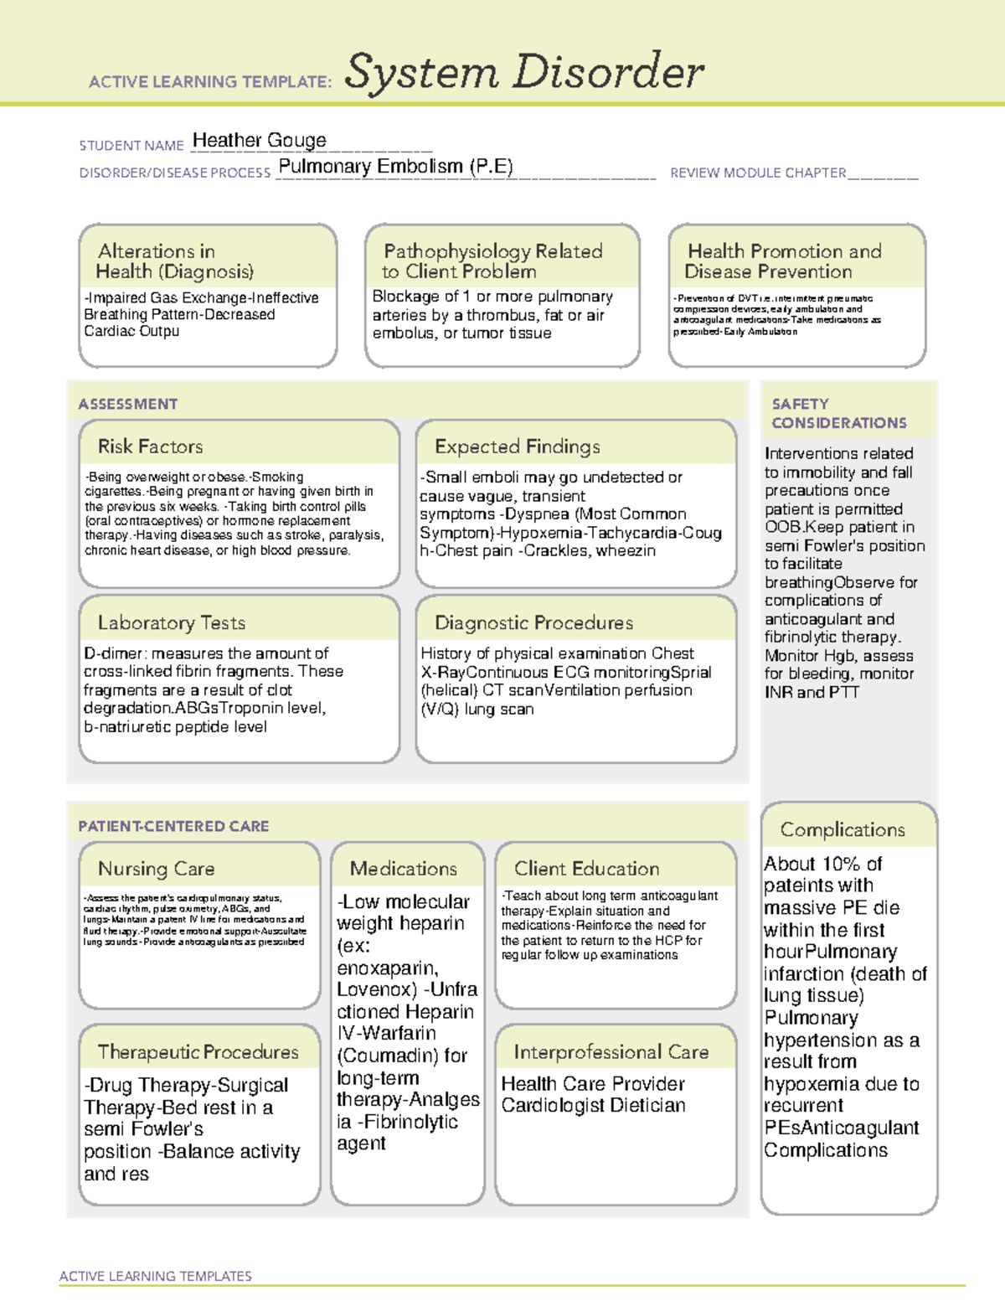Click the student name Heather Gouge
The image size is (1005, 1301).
pyautogui.click(x=259, y=141)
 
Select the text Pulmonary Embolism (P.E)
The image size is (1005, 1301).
pyautogui.click(x=395, y=167)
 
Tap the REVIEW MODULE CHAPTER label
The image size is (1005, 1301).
pyautogui.click(x=758, y=173)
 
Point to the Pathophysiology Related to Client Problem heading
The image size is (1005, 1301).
pyautogui.click(x=492, y=261)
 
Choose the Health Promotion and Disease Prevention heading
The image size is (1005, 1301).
pyautogui.click(x=783, y=261)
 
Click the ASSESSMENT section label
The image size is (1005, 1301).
pyautogui.click(x=128, y=404)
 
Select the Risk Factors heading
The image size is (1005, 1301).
pyautogui.click(x=151, y=447)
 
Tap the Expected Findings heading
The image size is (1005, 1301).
pyautogui.click(x=517, y=447)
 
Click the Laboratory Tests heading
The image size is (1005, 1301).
pyautogui.click(x=172, y=622)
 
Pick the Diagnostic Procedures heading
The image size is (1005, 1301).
pyautogui.click(x=533, y=622)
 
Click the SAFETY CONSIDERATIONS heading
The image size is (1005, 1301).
pyautogui.click(x=838, y=414)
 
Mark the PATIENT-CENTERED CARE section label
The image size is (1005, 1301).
pyautogui.click(x=173, y=826)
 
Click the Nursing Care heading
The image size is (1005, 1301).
pyautogui.click(x=157, y=869)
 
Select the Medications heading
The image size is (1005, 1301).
pyautogui.click(x=404, y=869)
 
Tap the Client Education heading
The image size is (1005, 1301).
pyautogui.click(x=586, y=869)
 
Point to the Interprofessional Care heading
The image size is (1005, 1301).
pyautogui.click(x=611, y=1052)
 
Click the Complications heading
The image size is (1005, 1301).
pyautogui.click(x=843, y=829)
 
